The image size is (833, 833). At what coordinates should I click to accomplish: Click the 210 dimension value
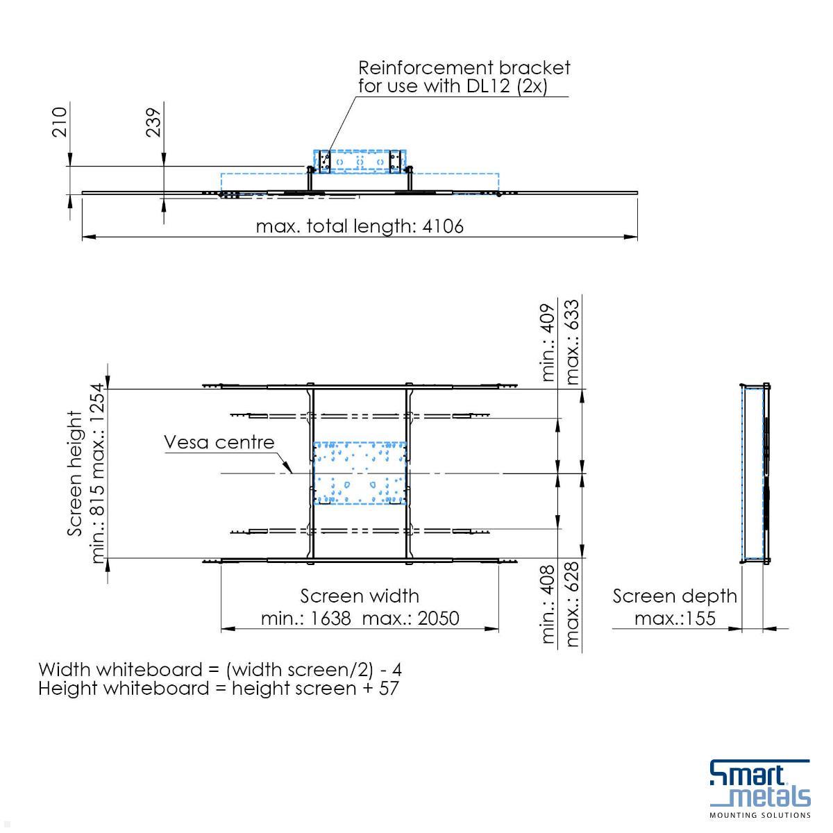[59, 122]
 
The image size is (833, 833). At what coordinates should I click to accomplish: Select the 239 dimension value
[153, 122]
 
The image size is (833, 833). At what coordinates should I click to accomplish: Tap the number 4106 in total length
[443, 226]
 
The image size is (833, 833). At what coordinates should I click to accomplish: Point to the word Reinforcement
[426, 68]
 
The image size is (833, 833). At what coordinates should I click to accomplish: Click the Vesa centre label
[219, 441]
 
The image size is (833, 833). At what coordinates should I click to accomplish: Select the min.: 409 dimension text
[548, 342]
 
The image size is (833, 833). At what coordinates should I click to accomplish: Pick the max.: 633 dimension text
[572, 342]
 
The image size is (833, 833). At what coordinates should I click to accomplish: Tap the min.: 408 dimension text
[548, 604]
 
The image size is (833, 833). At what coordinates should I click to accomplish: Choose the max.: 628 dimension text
[572, 604]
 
